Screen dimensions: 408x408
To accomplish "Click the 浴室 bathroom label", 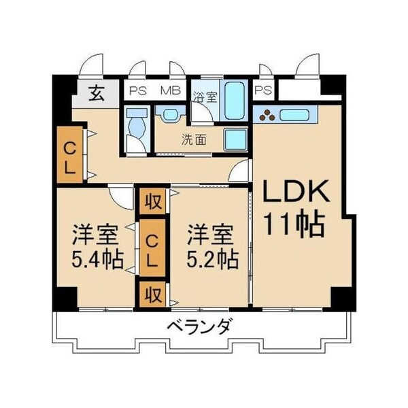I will tap(204, 97).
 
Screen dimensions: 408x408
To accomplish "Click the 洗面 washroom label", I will tap(193, 141).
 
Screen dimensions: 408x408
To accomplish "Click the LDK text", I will tap(296, 194).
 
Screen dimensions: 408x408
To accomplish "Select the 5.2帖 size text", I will tap(212, 259).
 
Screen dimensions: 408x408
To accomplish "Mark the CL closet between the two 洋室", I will tap(154, 250).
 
